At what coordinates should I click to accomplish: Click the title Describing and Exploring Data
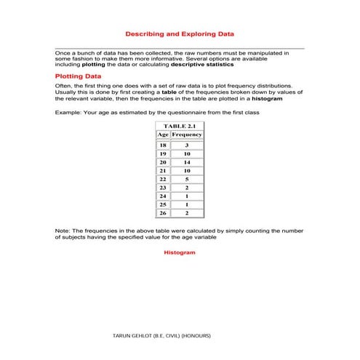(180, 34)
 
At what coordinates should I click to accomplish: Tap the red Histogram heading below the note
(180, 252)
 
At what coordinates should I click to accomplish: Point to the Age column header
(163, 135)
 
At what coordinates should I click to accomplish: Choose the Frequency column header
(187, 135)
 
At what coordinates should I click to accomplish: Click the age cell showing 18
(163, 146)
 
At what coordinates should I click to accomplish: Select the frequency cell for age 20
(187, 163)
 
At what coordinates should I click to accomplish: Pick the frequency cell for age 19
(187, 154)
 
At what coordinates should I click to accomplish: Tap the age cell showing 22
(163, 179)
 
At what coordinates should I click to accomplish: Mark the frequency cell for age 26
(187, 213)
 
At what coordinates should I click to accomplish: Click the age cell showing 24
(163, 196)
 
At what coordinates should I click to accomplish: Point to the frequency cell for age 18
(187, 146)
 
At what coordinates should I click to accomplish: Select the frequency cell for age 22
(187, 179)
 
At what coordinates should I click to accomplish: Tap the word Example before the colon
(68, 113)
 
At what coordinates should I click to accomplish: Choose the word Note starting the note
(63, 231)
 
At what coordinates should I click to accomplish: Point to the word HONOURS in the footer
(196, 336)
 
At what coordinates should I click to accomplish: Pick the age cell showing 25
(163, 204)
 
